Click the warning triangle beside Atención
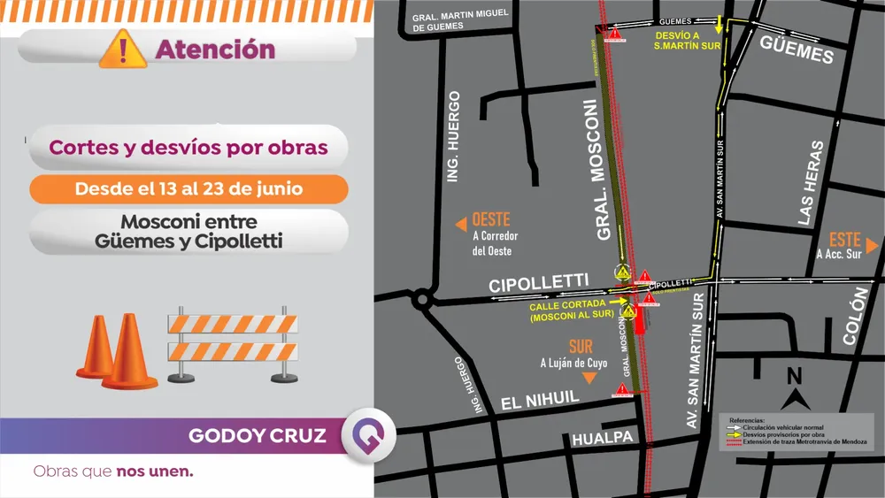pyautogui.click(x=123, y=49)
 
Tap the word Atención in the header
pyautogui.click(x=215, y=50)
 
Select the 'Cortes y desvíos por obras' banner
pyautogui.click(x=189, y=148)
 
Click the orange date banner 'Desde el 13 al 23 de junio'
pyautogui.click(x=189, y=189)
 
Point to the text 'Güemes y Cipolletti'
pyautogui.click(x=189, y=240)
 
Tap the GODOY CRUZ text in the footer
pyautogui.click(x=258, y=436)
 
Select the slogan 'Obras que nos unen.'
pyautogui.click(x=113, y=471)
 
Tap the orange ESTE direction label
pyautogui.click(x=845, y=240)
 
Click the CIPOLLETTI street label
pyautogui.click(x=539, y=284)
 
